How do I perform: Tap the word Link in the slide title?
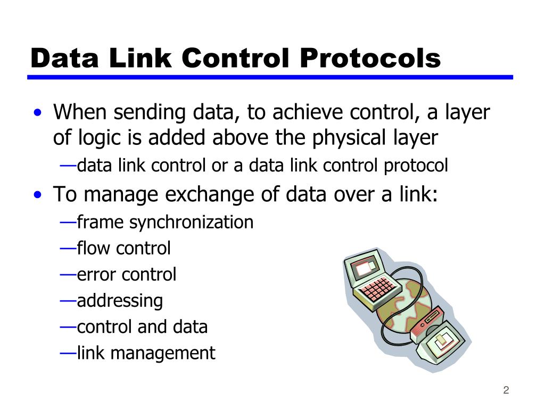135,58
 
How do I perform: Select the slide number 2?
506,390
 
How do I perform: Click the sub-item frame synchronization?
165,222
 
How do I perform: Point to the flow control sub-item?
123,248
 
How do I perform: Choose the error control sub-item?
126,275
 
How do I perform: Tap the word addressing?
120,301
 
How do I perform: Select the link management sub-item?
146,353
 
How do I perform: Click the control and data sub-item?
142,326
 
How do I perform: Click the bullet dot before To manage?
37,195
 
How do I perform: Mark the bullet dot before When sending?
37,113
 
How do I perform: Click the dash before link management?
68,352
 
